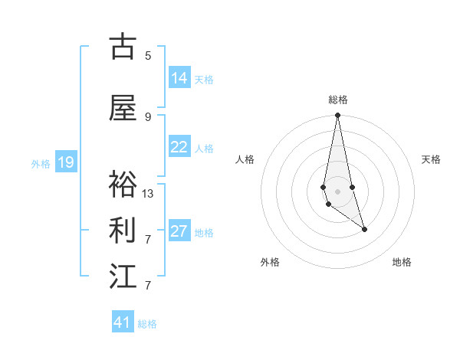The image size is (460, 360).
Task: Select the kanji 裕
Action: tap(123, 185)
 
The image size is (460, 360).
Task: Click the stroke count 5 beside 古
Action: tap(148, 55)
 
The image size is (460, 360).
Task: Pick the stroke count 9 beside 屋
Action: tap(148, 116)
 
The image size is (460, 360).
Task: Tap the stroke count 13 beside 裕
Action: tap(148, 193)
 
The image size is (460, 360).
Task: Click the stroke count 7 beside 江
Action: tap(148, 285)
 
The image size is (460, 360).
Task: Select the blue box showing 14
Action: tap(179, 78)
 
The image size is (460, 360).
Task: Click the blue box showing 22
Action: tap(179, 147)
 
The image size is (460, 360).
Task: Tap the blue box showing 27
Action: tap(179, 231)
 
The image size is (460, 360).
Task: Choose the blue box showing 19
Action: tap(66, 162)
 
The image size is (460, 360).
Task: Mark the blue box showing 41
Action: tap(123, 322)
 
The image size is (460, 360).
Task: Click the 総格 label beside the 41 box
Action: tap(147, 324)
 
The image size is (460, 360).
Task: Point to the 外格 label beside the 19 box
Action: tap(41, 163)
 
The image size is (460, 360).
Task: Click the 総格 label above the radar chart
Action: tap(338, 100)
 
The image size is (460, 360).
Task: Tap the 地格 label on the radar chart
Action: tap(402, 262)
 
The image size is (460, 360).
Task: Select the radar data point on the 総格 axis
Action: tap(337, 116)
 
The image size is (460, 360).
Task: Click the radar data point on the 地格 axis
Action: tap(364, 229)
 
